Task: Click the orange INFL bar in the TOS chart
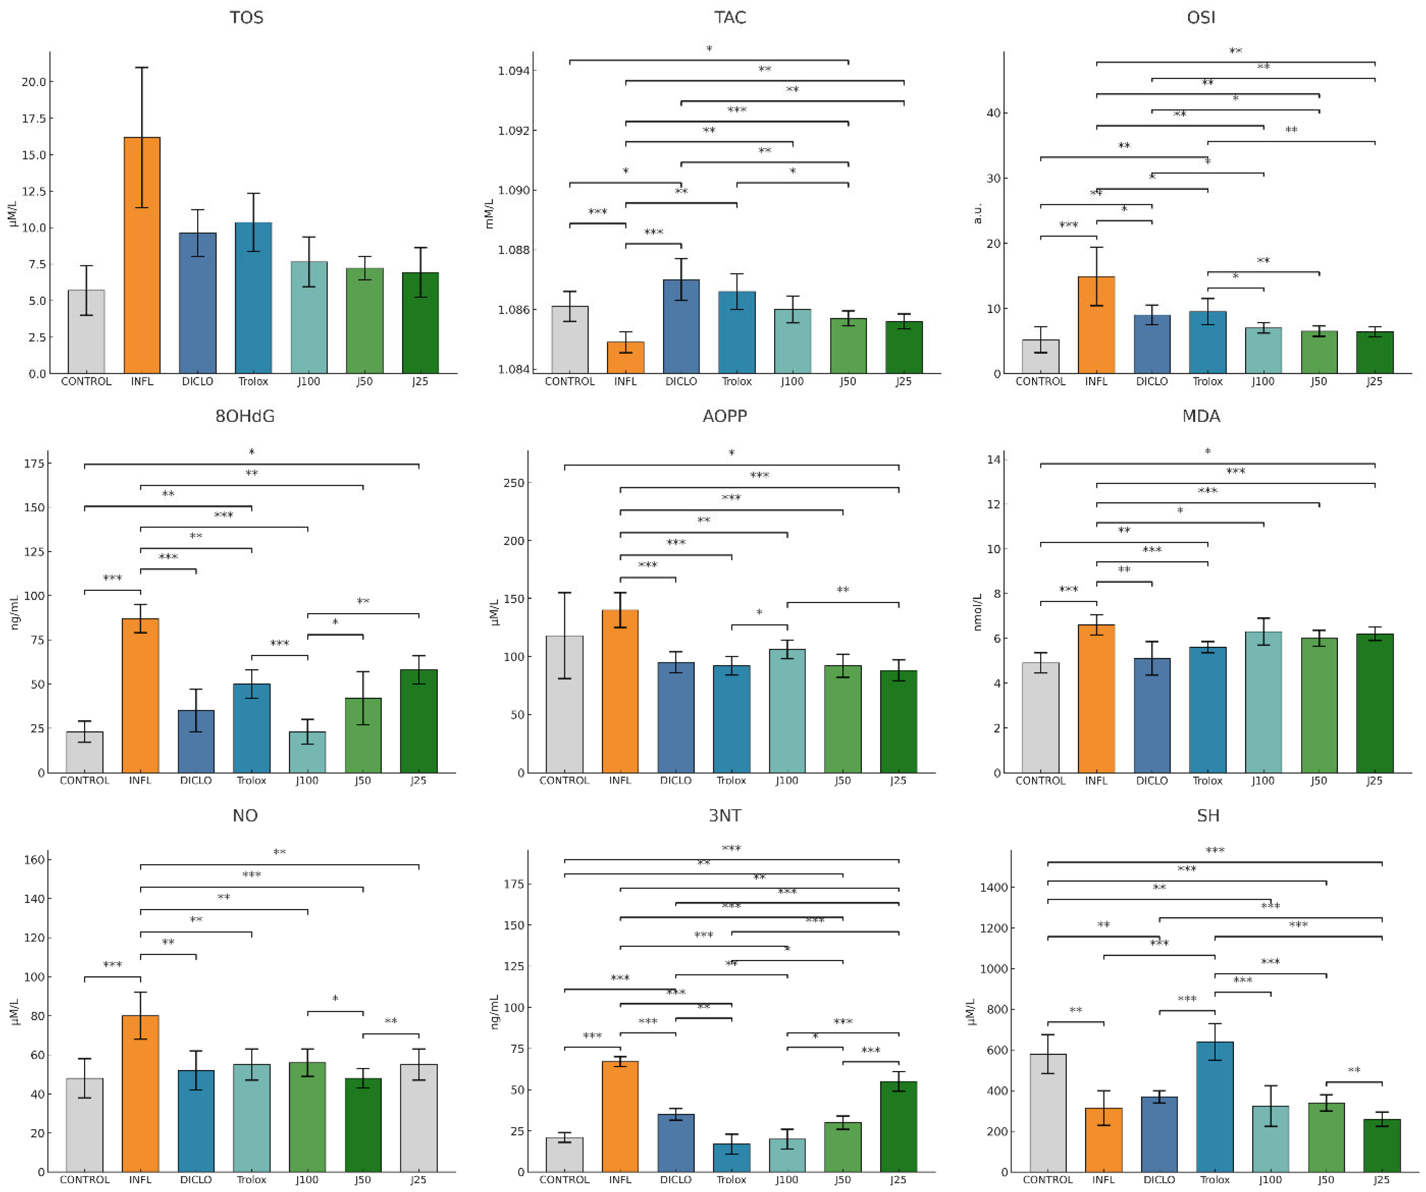[142, 255]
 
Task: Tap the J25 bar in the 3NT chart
[898, 1127]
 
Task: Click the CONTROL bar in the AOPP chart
[564, 704]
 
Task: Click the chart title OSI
[1201, 17]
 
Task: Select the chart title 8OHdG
[245, 416]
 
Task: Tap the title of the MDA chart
[1201, 416]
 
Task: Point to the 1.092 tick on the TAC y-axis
[514, 130]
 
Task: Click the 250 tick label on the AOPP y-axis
[514, 483]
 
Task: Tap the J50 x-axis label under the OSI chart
[1319, 381]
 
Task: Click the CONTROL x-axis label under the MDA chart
[1040, 781]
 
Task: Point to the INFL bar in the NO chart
[140, 1093]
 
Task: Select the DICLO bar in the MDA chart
[1152, 716]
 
